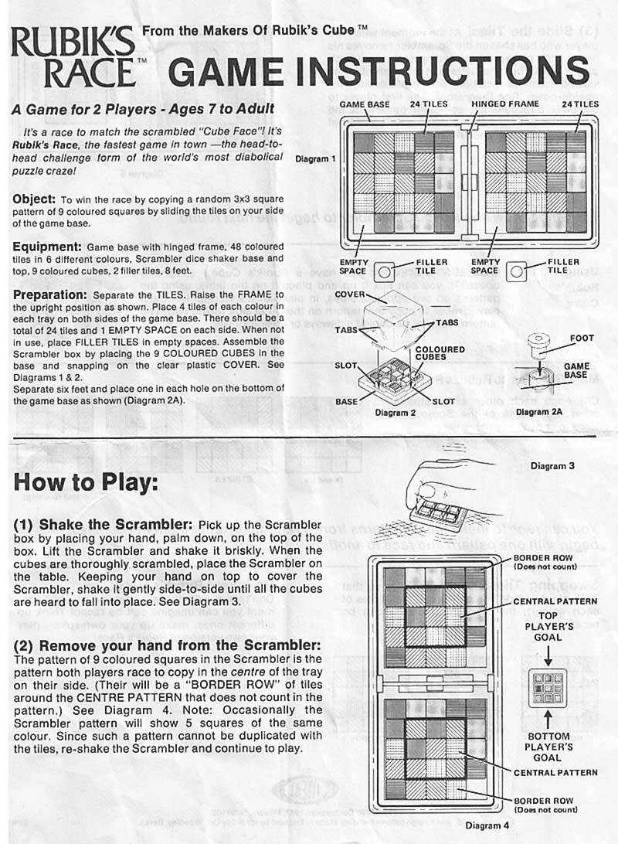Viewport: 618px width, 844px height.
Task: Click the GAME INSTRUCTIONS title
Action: click(379, 71)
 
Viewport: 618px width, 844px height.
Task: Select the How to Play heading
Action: click(87, 482)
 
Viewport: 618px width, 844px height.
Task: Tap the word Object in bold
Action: click(33, 199)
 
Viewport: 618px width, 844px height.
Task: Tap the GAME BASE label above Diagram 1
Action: click(365, 104)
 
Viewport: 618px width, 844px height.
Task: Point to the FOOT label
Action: click(581, 338)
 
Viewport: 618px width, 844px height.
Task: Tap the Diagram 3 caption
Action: click(552, 466)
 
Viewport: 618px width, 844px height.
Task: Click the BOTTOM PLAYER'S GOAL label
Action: click(548, 747)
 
